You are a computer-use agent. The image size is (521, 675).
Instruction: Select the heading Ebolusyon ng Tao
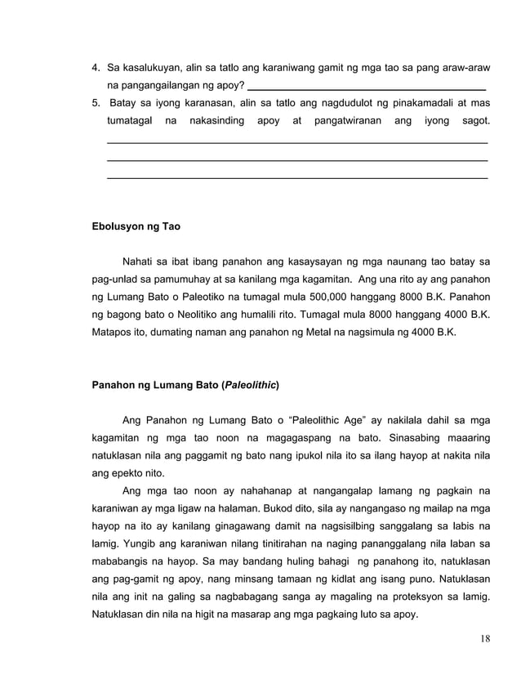pos(136,226)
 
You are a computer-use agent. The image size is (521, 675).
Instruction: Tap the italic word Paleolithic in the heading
pos(251,384)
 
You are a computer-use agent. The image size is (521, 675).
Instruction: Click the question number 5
pos(96,104)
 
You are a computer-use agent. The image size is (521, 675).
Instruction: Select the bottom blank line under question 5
pos(297,177)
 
